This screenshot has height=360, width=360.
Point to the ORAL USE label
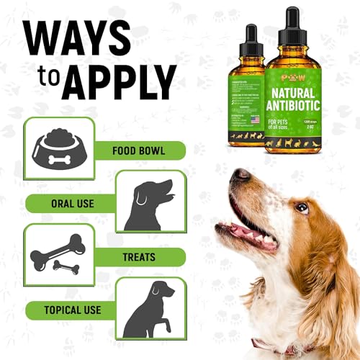coord(73,204)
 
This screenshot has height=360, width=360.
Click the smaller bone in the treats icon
coord(66,268)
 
